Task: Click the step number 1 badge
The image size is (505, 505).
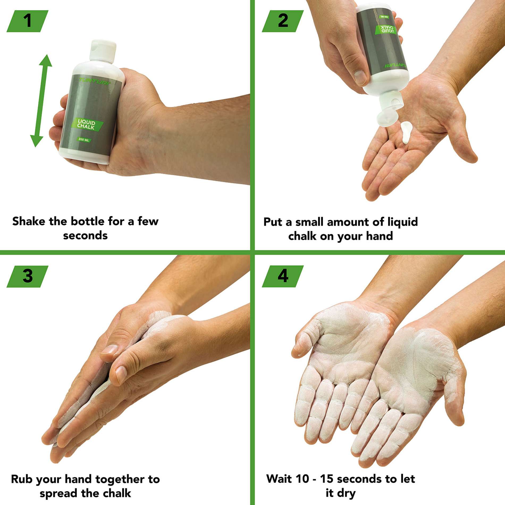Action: pyautogui.click(x=27, y=21)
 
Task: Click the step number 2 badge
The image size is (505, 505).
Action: pyautogui.click(x=283, y=21)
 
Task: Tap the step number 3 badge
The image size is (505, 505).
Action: pyautogui.click(x=27, y=276)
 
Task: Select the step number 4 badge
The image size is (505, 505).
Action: pyautogui.click(x=283, y=276)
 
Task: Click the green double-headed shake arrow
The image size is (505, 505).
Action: pyautogui.click(x=41, y=101)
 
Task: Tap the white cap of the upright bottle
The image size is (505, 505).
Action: pyautogui.click(x=103, y=50)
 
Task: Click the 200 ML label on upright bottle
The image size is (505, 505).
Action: pyautogui.click(x=84, y=140)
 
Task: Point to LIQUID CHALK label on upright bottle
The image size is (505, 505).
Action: pyautogui.click(x=86, y=124)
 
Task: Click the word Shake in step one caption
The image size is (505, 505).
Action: pyautogui.click(x=29, y=221)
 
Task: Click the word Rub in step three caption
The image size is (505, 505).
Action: pyautogui.click(x=22, y=479)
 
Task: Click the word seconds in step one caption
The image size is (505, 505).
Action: pyautogui.click(x=85, y=236)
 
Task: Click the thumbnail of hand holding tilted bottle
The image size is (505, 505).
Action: pyautogui.click(x=360, y=77)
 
